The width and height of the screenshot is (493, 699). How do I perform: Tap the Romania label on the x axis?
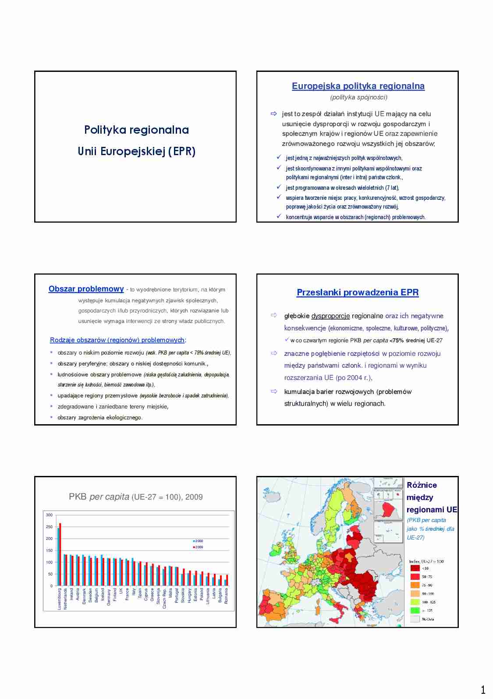point(226,596)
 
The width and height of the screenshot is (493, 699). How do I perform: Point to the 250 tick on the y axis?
point(49,527)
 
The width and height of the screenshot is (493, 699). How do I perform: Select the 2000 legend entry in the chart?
point(198,541)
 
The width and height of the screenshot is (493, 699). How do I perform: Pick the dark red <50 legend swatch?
point(415,568)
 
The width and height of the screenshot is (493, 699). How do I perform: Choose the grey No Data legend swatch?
point(415,619)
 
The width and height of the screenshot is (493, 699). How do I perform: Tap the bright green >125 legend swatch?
point(415,610)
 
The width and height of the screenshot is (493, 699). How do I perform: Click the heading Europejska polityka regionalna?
point(358,86)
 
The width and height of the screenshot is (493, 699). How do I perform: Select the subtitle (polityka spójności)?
point(358,97)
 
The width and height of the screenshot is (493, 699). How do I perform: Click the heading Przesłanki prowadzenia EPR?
point(358,292)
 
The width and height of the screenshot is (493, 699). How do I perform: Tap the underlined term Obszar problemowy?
point(86,289)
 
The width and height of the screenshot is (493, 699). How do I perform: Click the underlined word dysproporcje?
point(330,316)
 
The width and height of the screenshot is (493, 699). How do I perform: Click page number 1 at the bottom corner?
point(483,690)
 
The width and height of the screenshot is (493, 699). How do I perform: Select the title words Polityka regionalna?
point(136,130)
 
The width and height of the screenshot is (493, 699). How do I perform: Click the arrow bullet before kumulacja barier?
point(274,391)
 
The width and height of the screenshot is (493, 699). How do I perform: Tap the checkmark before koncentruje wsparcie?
point(279,216)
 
